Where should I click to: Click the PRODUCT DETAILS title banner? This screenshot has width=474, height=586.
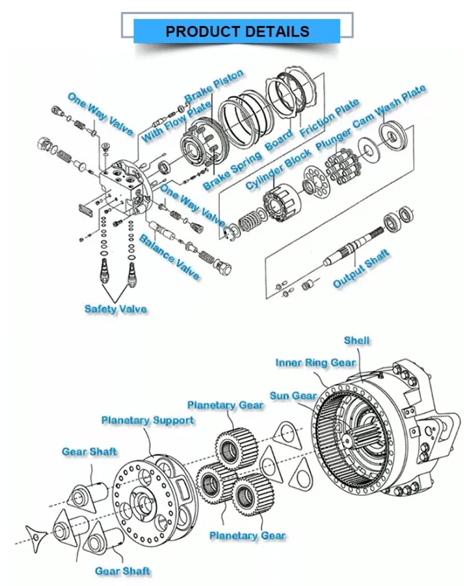[x=237, y=31]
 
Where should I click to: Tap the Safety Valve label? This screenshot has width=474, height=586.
[x=116, y=309]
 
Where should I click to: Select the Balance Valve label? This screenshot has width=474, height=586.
[x=169, y=257]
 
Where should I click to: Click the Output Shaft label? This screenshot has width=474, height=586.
[x=361, y=269]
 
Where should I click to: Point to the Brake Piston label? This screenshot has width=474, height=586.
[x=214, y=86]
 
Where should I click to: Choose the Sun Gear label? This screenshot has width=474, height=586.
[x=293, y=396]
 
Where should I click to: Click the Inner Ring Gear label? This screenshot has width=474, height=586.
[x=316, y=363]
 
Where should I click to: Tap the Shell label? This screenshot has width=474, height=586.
[x=357, y=341]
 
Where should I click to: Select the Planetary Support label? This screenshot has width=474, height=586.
[x=148, y=420]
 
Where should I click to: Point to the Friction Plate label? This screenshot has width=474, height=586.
[x=329, y=117]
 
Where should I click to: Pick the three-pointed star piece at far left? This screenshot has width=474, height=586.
[x=36, y=537]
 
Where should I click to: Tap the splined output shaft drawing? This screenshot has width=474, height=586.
[x=353, y=245]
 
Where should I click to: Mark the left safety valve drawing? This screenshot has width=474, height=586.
[x=105, y=271]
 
